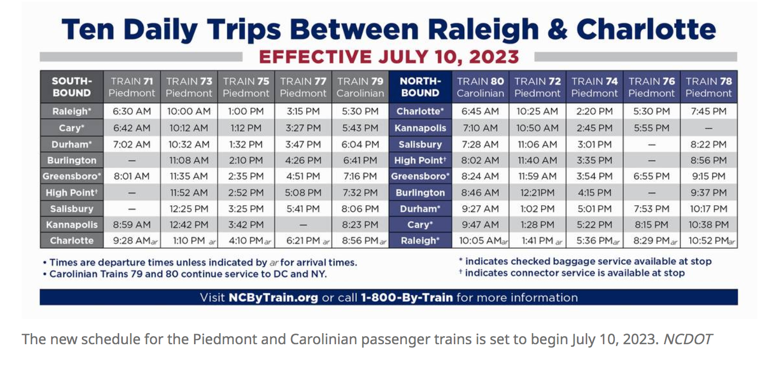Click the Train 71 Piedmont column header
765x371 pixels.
[x=131, y=87]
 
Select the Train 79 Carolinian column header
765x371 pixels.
[x=360, y=87]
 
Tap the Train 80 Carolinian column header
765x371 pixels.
[x=480, y=87]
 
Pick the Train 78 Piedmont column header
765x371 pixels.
[x=708, y=87]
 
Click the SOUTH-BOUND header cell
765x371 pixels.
[x=72, y=87]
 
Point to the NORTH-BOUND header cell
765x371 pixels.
[x=420, y=87]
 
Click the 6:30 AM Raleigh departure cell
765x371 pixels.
[x=132, y=111]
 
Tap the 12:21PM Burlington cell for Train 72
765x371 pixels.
[x=537, y=193]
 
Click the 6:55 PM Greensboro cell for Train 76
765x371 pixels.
[x=651, y=176]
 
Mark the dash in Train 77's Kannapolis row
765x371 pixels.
[x=303, y=225]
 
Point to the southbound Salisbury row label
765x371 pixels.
[x=72, y=209]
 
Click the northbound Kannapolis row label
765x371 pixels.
[x=420, y=128]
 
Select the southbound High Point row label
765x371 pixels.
[x=72, y=193]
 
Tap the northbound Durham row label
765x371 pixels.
[x=420, y=209]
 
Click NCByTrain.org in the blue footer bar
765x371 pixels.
[x=273, y=298]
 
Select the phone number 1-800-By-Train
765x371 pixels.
[x=407, y=298]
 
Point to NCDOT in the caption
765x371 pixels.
[x=688, y=339]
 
